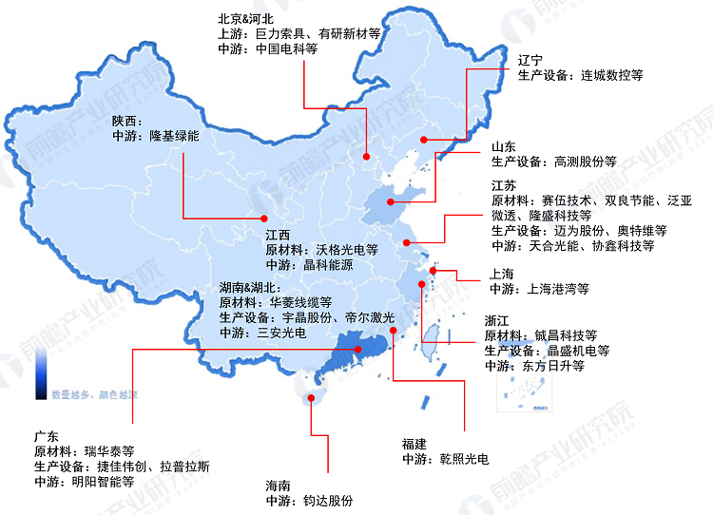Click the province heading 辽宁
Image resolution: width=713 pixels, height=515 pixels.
[530, 59]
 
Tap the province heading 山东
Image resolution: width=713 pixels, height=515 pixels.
[504, 146]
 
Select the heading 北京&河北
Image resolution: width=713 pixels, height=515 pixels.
[247, 18]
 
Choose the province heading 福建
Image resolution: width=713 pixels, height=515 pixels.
[414, 444]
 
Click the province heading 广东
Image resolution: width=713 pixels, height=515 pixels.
[46, 435]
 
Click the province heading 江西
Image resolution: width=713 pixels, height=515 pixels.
[278, 235]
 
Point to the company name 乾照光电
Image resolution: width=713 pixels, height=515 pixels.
[463, 459]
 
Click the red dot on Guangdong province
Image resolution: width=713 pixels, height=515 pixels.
[358, 350]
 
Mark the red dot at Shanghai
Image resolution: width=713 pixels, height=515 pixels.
[433, 271]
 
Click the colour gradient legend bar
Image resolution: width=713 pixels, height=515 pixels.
[43, 375]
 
